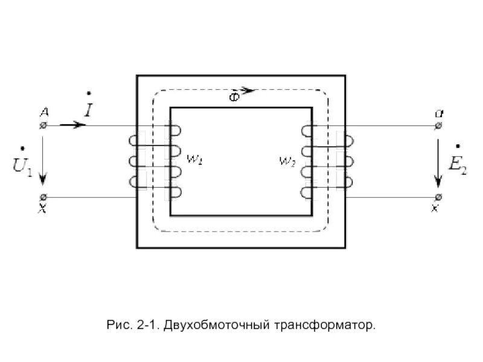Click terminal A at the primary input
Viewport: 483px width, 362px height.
pos(43,125)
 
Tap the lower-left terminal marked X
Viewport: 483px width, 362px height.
pos(43,197)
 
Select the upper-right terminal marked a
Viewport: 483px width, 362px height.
pos(439,125)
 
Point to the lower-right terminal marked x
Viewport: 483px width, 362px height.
pos(439,197)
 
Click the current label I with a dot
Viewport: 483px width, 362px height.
pos(89,107)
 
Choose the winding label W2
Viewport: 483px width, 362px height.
pos(287,161)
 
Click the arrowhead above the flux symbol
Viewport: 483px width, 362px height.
pos(250,91)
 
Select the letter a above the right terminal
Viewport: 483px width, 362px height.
pos(438,113)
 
